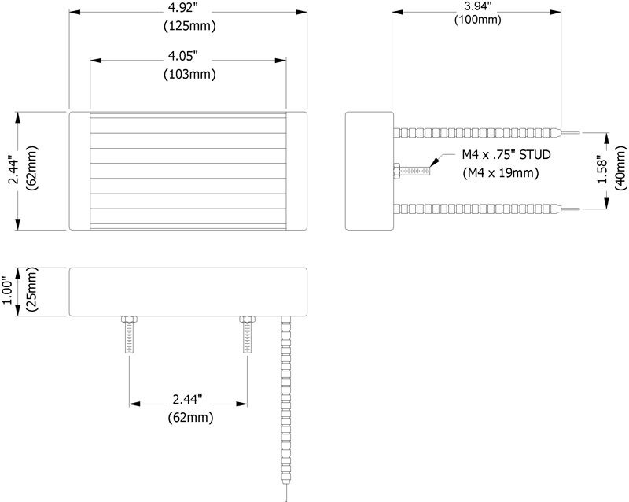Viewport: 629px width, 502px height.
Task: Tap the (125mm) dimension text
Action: point(189,26)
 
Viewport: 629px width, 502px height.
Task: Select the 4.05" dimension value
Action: point(183,56)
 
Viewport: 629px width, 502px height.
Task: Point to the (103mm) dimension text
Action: point(189,74)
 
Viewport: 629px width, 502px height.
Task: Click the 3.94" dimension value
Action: point(478,7)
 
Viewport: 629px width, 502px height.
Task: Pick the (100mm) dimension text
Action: point(478,19)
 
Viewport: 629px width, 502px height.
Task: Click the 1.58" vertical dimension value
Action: point(602,169)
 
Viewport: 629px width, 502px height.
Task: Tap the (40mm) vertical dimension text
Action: point(620,168)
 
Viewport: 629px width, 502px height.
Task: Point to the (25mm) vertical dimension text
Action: point(31,289)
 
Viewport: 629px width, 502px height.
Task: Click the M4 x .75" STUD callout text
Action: point(506,155)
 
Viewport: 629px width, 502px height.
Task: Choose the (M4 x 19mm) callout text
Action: point(500,172)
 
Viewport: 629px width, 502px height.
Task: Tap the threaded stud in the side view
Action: point(411,171)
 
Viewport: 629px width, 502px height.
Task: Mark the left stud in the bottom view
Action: point(129,334)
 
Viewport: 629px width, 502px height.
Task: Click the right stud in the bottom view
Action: point(248,334)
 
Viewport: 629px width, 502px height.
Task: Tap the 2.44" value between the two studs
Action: point(188,399)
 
